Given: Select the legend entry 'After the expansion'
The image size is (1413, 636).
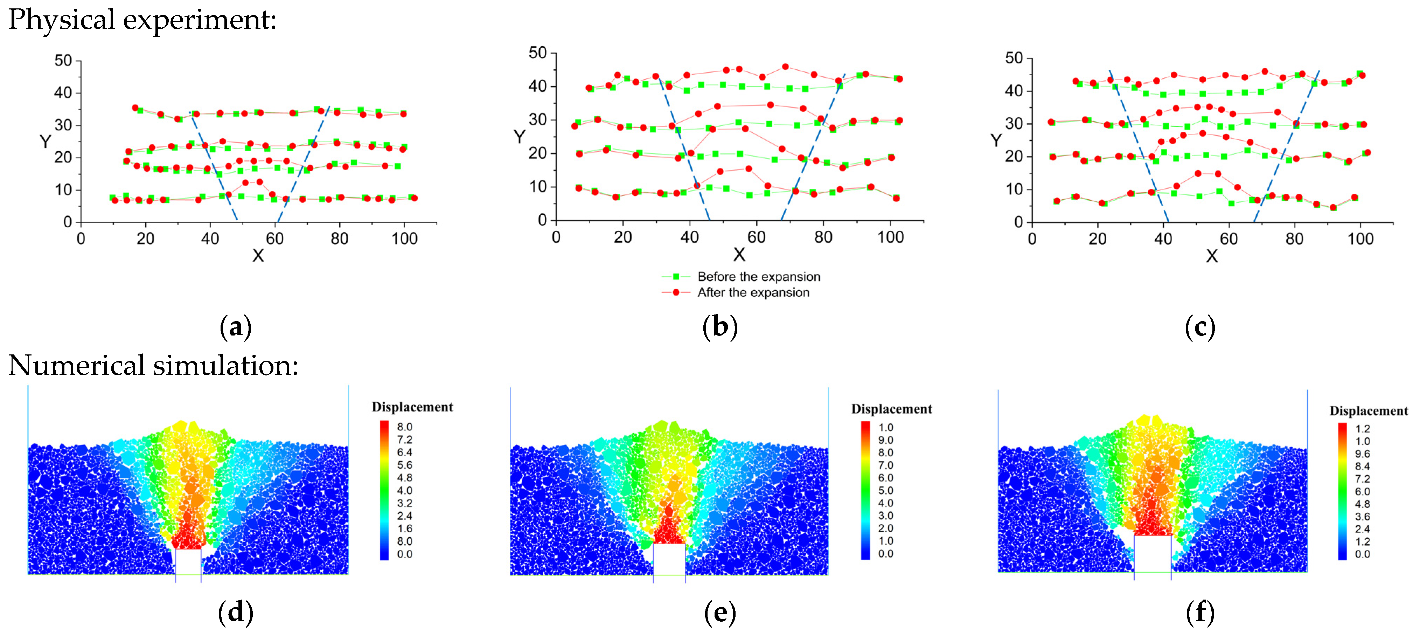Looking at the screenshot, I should [x=753, y=292].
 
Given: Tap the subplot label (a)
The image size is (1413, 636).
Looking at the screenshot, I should [x=235, y=327].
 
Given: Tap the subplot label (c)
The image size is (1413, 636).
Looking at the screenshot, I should [x=1200, y=327].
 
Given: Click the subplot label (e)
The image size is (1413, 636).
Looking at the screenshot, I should [x=720, y=613].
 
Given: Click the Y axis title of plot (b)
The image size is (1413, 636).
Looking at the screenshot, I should [x=519, y=137].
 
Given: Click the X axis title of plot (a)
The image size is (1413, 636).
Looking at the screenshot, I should [x=258, y=255].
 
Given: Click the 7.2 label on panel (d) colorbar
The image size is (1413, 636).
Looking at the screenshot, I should [x=404, y=440].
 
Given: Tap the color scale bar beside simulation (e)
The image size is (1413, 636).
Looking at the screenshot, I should [x=865, y=490].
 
